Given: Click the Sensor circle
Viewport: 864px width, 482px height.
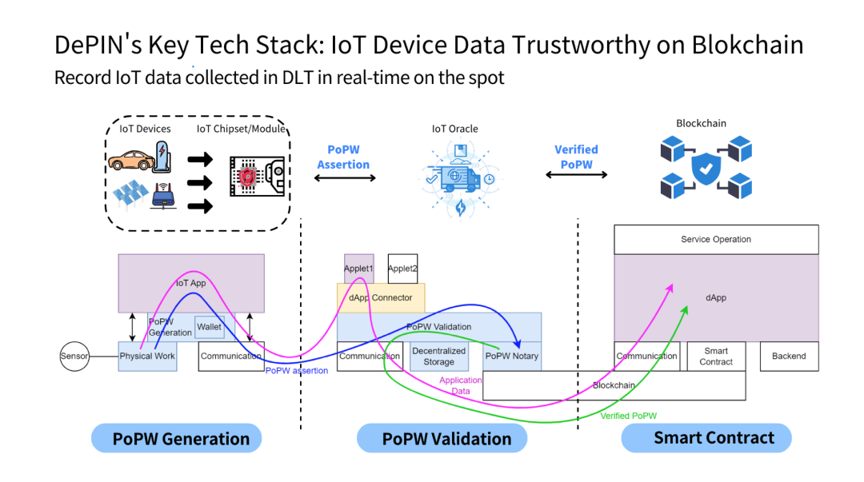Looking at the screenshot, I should point(74,356).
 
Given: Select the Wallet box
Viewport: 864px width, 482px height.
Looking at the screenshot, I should point(210,327).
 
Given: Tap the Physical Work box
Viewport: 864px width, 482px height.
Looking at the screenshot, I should point(147,357).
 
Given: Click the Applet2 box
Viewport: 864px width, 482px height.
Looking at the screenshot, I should point(402,269).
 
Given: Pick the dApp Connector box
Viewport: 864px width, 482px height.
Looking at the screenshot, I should point(381,298).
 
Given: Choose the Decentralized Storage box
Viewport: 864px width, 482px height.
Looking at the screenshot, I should point(438,357).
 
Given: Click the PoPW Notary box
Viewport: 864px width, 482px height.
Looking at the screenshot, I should point(513,357).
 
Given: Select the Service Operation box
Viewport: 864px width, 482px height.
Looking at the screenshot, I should point(716,239).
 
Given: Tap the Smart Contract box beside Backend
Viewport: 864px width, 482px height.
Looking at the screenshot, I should point(716,357).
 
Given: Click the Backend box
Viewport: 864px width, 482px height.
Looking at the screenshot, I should point(789,357).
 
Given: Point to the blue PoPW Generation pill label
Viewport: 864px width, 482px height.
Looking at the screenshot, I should point(181,438).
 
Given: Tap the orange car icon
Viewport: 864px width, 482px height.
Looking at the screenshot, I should point(130,157).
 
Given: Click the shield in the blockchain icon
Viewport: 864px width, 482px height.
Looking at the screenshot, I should point(706,169).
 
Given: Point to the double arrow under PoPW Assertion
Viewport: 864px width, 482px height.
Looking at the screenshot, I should point(343,178).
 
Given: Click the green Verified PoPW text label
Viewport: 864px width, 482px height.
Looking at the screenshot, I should point(628,416).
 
